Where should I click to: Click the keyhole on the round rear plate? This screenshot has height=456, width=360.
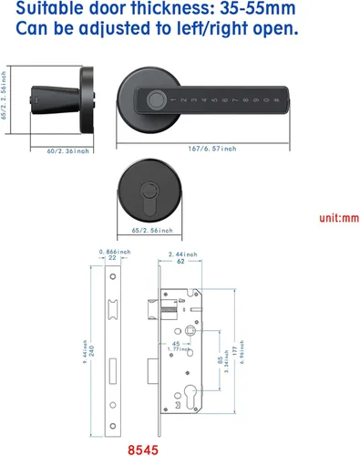[x=149, y=193]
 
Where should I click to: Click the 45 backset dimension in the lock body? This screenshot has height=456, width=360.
[x=176, y=344]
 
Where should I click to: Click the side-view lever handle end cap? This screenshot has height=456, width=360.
[x=37, y=94]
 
